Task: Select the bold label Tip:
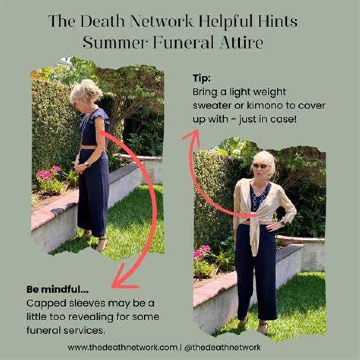[202, 78]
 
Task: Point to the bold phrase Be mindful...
[57, 289]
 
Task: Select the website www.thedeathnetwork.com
[123, 347]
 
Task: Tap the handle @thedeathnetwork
[222, 347]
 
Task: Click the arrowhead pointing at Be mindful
[124, 279]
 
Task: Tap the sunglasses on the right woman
[260, 166]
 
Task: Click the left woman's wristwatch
[87, 165]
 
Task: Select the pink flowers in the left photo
[48, 173]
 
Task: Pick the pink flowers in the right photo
[201, 252]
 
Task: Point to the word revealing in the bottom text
[90, 318]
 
